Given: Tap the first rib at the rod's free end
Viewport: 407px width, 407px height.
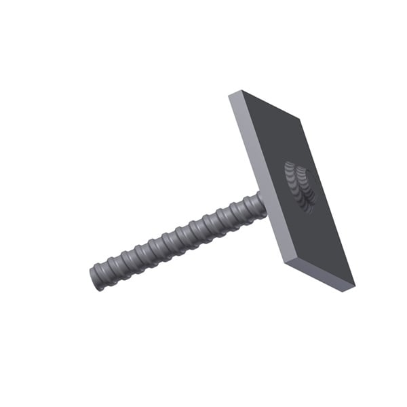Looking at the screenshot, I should tap(103, 273).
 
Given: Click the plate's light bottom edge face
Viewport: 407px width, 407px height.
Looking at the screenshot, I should tap(319, 275).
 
